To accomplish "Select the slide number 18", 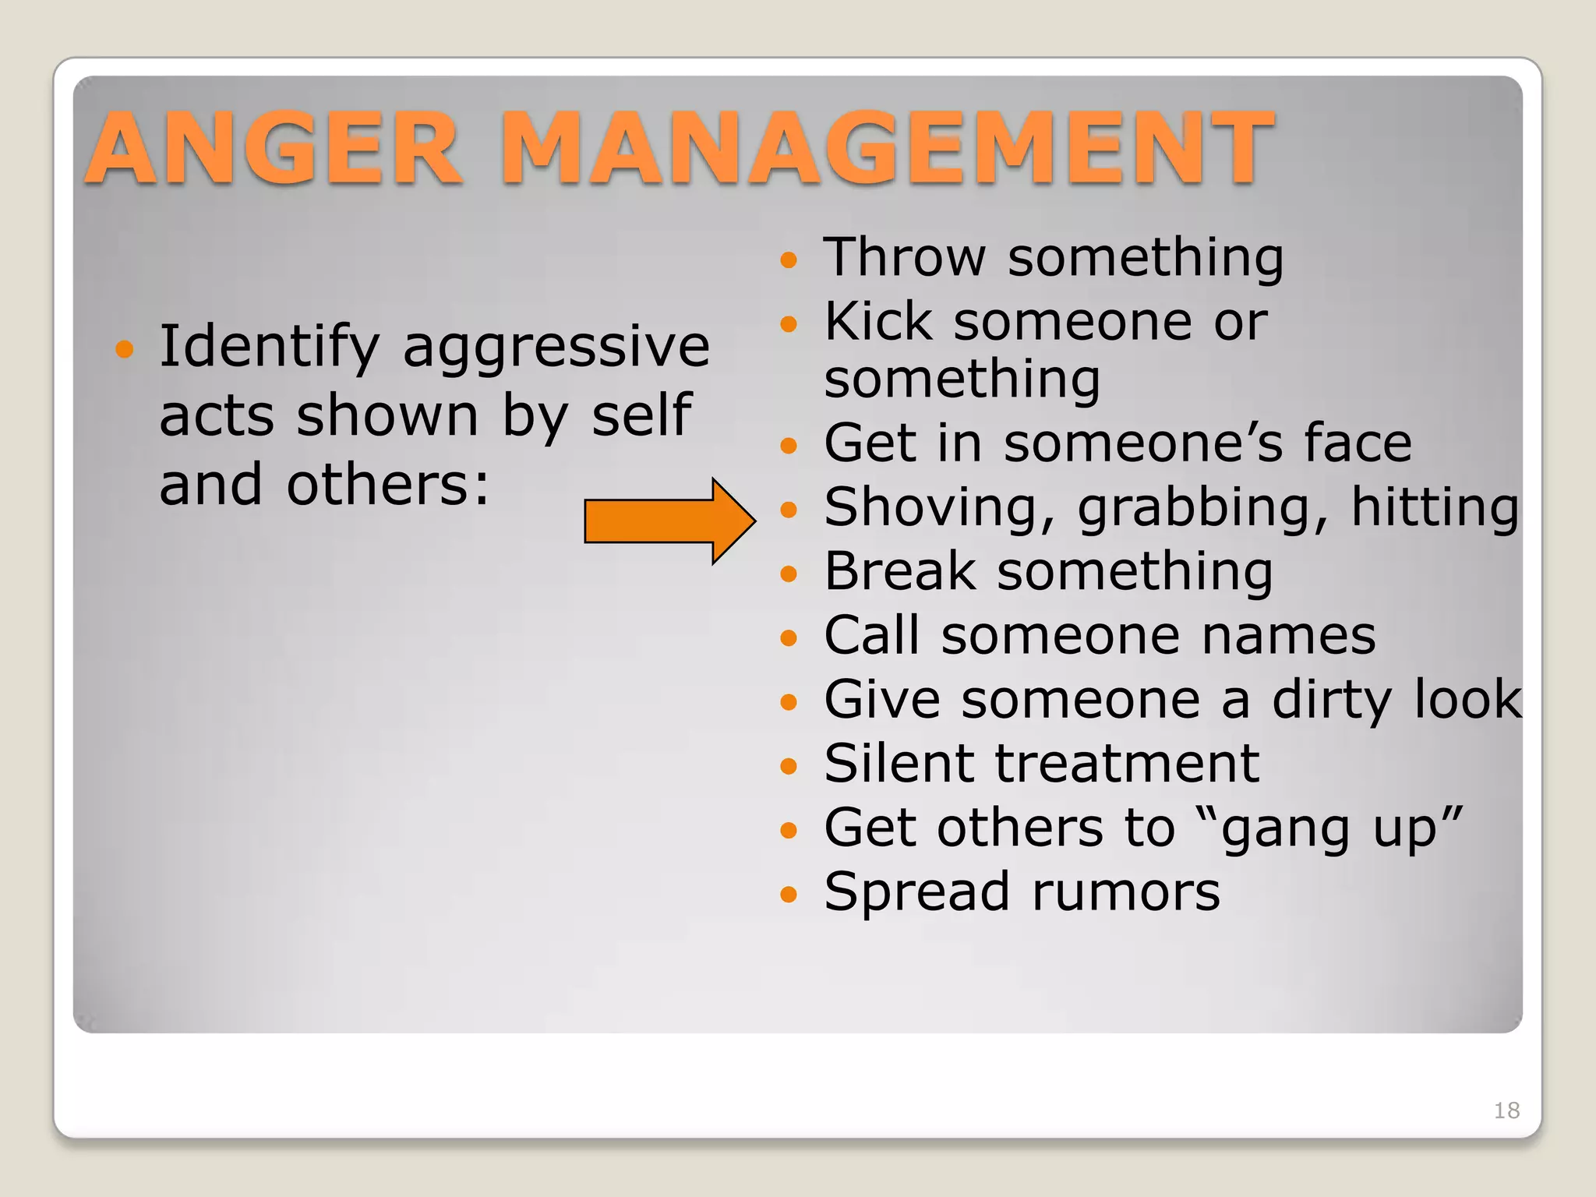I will point(1506,1110).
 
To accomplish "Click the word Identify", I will point(269,347).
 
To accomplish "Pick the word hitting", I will point(1435,508).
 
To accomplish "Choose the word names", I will point(1288,636).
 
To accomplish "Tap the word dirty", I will point(1331,701).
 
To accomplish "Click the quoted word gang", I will point(1285,829).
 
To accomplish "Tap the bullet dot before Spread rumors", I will point(789,893).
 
